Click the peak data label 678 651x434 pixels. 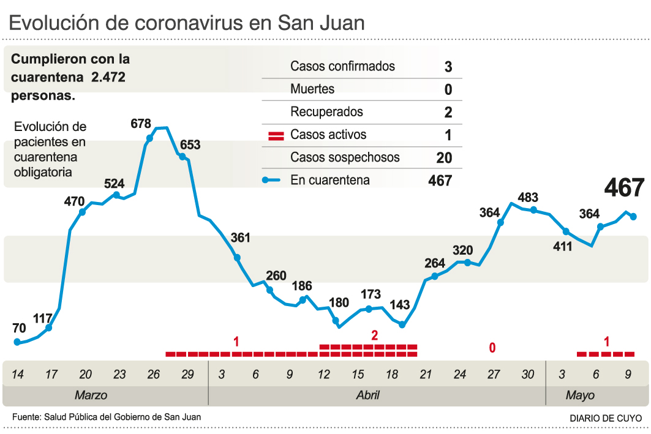[x=141, y=124]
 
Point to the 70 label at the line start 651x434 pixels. [x=19, y=328]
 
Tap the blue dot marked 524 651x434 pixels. [x=116, y=195]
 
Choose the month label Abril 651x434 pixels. [x=367, y=395]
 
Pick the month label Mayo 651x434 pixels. [x=579, y=395]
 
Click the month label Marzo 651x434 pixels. [x=91, y=395]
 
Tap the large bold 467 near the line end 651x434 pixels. [x=624, y=188]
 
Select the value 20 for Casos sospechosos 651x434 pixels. [x=444, y=158]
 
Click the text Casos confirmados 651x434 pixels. [x=342, y=66]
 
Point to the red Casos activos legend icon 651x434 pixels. [x=276, y=135]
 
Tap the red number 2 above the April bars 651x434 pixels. [x=374, y=335]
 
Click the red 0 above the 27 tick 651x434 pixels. [x=492, y=348]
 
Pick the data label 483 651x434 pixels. [x=528, y=198]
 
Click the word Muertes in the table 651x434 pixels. [x=312, y=89]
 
